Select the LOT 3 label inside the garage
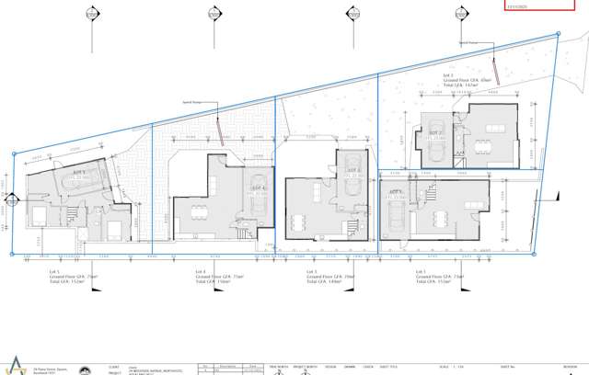352,170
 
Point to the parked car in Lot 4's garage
260,193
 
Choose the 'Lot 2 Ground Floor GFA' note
478,82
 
